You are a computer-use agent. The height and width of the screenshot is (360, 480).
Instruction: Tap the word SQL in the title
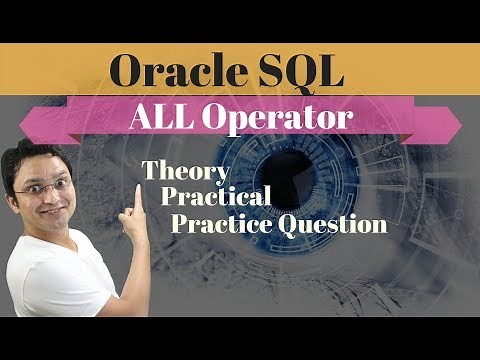[x=301, y=72]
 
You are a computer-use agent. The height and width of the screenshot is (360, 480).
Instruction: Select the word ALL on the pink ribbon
[x=163, y=120]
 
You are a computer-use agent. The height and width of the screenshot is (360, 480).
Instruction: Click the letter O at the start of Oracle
[x=128, y=72]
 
